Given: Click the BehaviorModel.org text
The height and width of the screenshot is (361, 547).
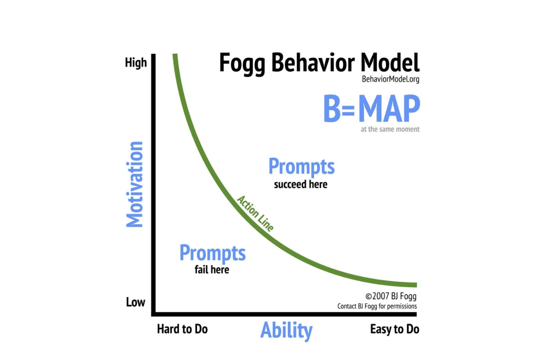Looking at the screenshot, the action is point(391,79).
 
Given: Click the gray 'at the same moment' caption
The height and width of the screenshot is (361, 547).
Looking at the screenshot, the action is point(390,129).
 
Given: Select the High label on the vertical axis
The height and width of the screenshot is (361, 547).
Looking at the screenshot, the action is point(136,63).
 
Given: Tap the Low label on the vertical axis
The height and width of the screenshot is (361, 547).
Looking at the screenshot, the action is point(136,302).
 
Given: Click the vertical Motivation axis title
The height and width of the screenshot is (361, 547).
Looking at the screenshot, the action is point(134,184).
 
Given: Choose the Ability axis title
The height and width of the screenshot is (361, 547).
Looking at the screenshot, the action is point(286,330).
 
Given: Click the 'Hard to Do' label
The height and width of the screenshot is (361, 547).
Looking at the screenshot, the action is point(182,329).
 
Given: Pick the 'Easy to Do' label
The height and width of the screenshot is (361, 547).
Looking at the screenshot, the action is point(395,329).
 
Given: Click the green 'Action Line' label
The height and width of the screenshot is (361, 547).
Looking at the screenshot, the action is point(255,213).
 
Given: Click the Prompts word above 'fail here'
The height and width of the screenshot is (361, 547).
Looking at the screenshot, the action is point(212,253).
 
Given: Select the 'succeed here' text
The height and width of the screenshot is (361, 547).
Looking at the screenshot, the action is point(301,184).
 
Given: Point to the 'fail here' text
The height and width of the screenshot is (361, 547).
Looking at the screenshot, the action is point(212,270).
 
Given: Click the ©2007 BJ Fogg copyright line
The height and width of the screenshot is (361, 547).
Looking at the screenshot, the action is point(391,296).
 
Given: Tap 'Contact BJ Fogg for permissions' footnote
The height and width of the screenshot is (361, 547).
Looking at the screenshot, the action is point(377,306).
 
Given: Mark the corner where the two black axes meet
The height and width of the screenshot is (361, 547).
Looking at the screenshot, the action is point(154,314).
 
